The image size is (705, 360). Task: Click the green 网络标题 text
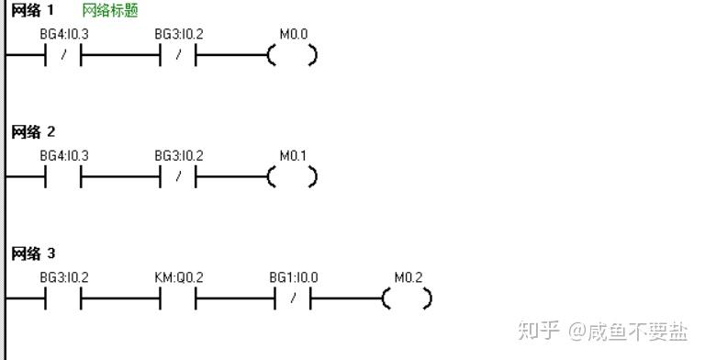point(110,10)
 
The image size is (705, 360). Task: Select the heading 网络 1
point(32,10)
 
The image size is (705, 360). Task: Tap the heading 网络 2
point(33,132)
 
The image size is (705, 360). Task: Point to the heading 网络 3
point(33,253)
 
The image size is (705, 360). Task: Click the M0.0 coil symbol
point(292,55)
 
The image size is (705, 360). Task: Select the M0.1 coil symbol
point(292,177)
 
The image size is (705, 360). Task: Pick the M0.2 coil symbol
point(408,298)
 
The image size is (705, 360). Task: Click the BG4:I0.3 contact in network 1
point(63,55)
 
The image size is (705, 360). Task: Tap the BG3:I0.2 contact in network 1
point(178,55)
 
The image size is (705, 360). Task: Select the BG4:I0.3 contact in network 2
point(63,177)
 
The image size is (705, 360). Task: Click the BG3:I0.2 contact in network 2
point(178,177)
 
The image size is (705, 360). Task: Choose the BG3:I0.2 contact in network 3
point(63,298)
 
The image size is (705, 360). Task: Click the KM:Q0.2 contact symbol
point(178,298)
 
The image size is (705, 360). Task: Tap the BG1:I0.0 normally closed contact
point(293,298)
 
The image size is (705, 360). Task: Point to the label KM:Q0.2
point(178,277)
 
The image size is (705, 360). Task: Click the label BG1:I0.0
point(294,277)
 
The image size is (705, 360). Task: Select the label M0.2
point(408,277)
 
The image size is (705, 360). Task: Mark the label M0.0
point(294,34)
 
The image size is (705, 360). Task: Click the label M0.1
point(293,156)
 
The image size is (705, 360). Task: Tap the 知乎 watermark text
point(538,331)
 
